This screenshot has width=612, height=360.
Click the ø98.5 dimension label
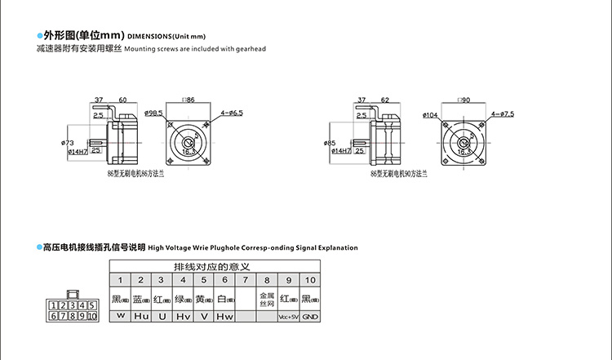point(153,113)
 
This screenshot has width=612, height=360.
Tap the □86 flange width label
point(188,99)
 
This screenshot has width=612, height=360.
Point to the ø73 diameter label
point(68,143)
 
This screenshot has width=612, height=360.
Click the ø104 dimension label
point(430,114)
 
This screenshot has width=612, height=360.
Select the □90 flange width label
point(463,99)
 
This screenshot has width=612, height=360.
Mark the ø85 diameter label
point(330,144)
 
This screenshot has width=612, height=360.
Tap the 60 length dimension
point(122,100)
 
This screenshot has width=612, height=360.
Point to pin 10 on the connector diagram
point(91,316)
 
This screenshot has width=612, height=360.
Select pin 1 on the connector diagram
point(55,305)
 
